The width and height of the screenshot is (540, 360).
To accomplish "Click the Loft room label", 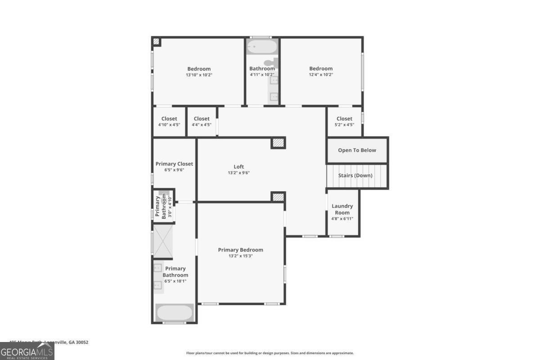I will pyautogui.click(x=238, y=166).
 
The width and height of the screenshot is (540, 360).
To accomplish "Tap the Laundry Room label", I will pyautogui.click(x=342, y=209).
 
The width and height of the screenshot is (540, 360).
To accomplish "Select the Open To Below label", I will pyautogui.click(x=357, y=150).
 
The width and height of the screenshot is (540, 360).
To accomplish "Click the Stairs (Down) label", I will pyautogui.click(x=355, y=175).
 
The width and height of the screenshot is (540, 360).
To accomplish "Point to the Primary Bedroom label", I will pyautogui.click(x=240, y=250).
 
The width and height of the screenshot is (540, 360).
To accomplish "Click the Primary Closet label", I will pyautogui.click(x=174, y=164).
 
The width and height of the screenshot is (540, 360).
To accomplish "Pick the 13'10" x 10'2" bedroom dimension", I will pyautogui.click(x=199, y=75).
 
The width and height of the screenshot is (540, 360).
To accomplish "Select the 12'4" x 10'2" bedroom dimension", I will pyautogui.click(x=321, y=75).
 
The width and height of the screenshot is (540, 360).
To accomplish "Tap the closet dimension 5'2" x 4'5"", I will pyautogui.click(x=344, y=125).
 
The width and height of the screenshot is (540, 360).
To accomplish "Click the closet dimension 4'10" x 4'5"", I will pyautogui.click(x=169, y=125).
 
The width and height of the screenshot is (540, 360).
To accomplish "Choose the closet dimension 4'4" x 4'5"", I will pyautogui.click(x=202, y=125).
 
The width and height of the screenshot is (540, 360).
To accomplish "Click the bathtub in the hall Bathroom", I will pyautogui.click(x=262, y=46).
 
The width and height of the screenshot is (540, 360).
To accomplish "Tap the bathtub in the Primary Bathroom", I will pyautogui.click(x=174, y=312).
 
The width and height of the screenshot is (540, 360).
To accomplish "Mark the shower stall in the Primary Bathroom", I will pyautogui.click(x=163, y=241).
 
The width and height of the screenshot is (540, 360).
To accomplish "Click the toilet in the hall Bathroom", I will pyautogui.click(x=270, y=63).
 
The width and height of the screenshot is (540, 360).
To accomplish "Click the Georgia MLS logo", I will pyautogui.click(x=27, y=351).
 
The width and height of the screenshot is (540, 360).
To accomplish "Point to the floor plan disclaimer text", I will pyautogui.click(x=270, y=353).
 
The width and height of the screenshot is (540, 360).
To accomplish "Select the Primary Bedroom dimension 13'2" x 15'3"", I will pyautogui.click(x=240, y=256).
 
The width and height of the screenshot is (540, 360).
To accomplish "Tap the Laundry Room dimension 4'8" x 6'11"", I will pyautogui.click(x=342, y=219).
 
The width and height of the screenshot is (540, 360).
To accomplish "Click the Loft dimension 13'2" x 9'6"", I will pyautogui.click(x=238, y=173).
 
